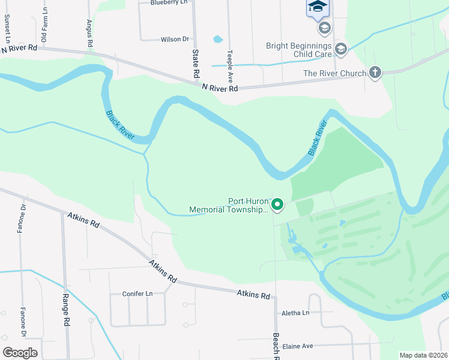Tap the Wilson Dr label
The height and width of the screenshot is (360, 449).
click(175, 40)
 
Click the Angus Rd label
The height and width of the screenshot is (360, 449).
click(89, 33)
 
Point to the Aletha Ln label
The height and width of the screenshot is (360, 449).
click(295, 313)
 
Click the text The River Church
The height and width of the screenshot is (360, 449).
click(334, 74)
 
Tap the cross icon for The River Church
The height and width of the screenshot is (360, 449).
click(375, 73)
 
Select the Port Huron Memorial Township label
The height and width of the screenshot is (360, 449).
click(229, 206)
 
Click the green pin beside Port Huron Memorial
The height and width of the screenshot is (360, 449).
click(277, 205)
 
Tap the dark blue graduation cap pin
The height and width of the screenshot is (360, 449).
click(318, 7)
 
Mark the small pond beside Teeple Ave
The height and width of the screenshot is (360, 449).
click(218, 40)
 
